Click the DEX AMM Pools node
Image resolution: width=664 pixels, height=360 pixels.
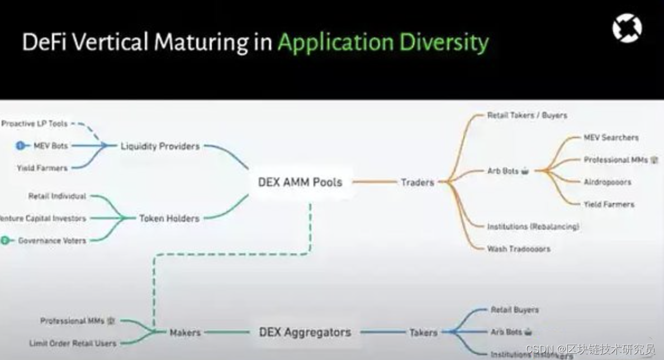(300, 182)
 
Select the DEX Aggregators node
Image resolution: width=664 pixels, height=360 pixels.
(305, 332)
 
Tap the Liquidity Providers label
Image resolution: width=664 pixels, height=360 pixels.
(160, 146)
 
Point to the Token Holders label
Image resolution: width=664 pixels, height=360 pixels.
(169, 218)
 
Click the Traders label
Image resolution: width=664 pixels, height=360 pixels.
(418, 182)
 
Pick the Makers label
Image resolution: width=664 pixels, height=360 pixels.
(185, 332)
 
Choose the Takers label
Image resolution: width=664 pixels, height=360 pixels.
(423, 332)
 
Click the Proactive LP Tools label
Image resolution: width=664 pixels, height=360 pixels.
(35, 124)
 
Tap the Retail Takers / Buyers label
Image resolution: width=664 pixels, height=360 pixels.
(527, 115)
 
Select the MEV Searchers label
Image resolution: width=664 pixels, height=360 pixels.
(611, 137)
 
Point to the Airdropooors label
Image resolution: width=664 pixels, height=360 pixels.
(608, 182)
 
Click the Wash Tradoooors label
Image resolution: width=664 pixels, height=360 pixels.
(519, 249)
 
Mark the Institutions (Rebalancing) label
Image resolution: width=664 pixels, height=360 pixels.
(533, 226)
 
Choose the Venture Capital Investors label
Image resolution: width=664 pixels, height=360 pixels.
(44, 218)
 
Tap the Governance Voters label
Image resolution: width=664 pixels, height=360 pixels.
(52, 240)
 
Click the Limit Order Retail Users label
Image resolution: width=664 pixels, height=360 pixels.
(73, 343)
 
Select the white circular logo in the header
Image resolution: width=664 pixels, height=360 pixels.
(627, 28)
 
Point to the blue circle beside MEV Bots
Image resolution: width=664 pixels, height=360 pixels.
(21, 146)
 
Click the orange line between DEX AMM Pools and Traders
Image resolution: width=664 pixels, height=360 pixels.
(374, 182)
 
